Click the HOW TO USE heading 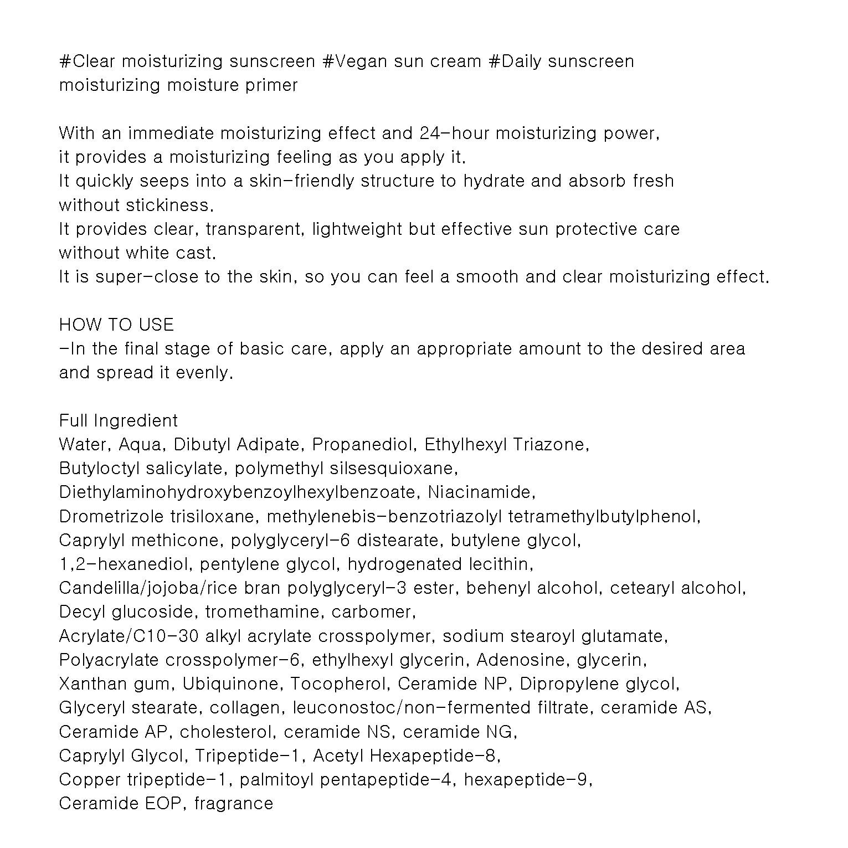click(x=116, y=325)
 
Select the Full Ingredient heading click(x=119, y=420)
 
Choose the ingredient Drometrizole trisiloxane click(x=157, y=517)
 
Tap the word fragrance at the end click(x=234, y=804)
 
